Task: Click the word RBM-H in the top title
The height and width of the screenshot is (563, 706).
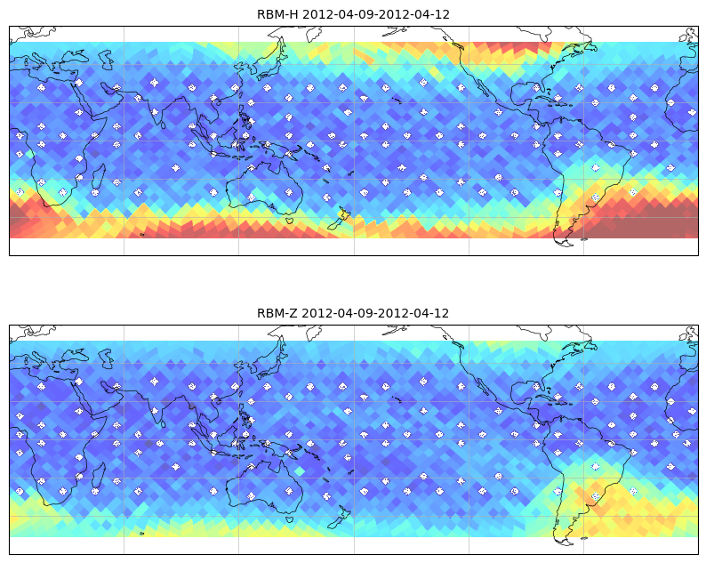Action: click(x=277, y=14)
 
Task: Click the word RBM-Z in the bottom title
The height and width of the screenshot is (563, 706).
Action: click(x=277, y=313)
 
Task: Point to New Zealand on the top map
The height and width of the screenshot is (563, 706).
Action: click(x=339, y=219)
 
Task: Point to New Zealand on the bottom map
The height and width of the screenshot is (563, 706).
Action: click(x=339, y=518)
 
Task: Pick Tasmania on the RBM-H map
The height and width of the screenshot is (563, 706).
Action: click(x=289, y=220)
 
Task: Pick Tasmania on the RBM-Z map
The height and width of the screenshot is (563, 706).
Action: click(x=289, y=519)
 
